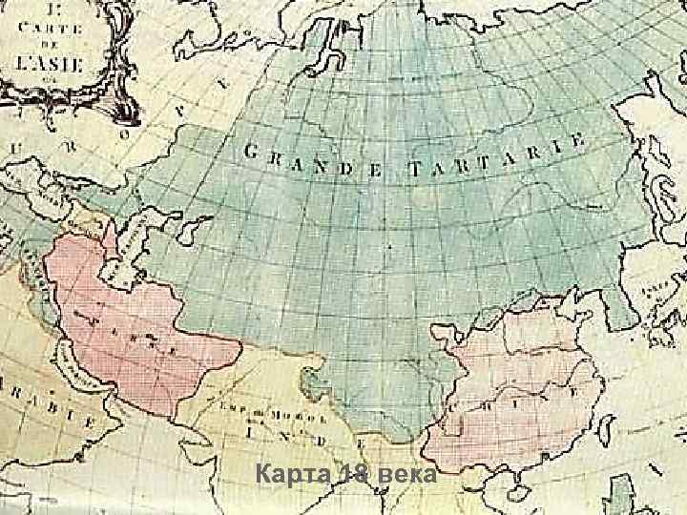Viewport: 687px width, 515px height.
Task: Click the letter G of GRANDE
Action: (252, 150)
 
